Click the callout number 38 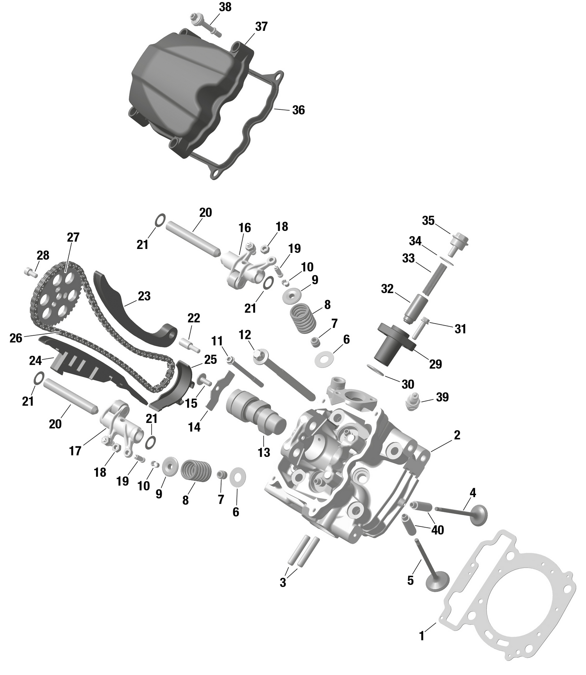point(225,7)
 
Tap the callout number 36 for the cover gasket point(298,110)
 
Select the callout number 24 point(35,360)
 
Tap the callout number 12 point(245,335)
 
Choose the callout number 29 point(436,364)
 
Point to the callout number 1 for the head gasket point(422,636)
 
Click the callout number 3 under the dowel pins point(283,583)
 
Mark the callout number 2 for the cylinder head point(457,435)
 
